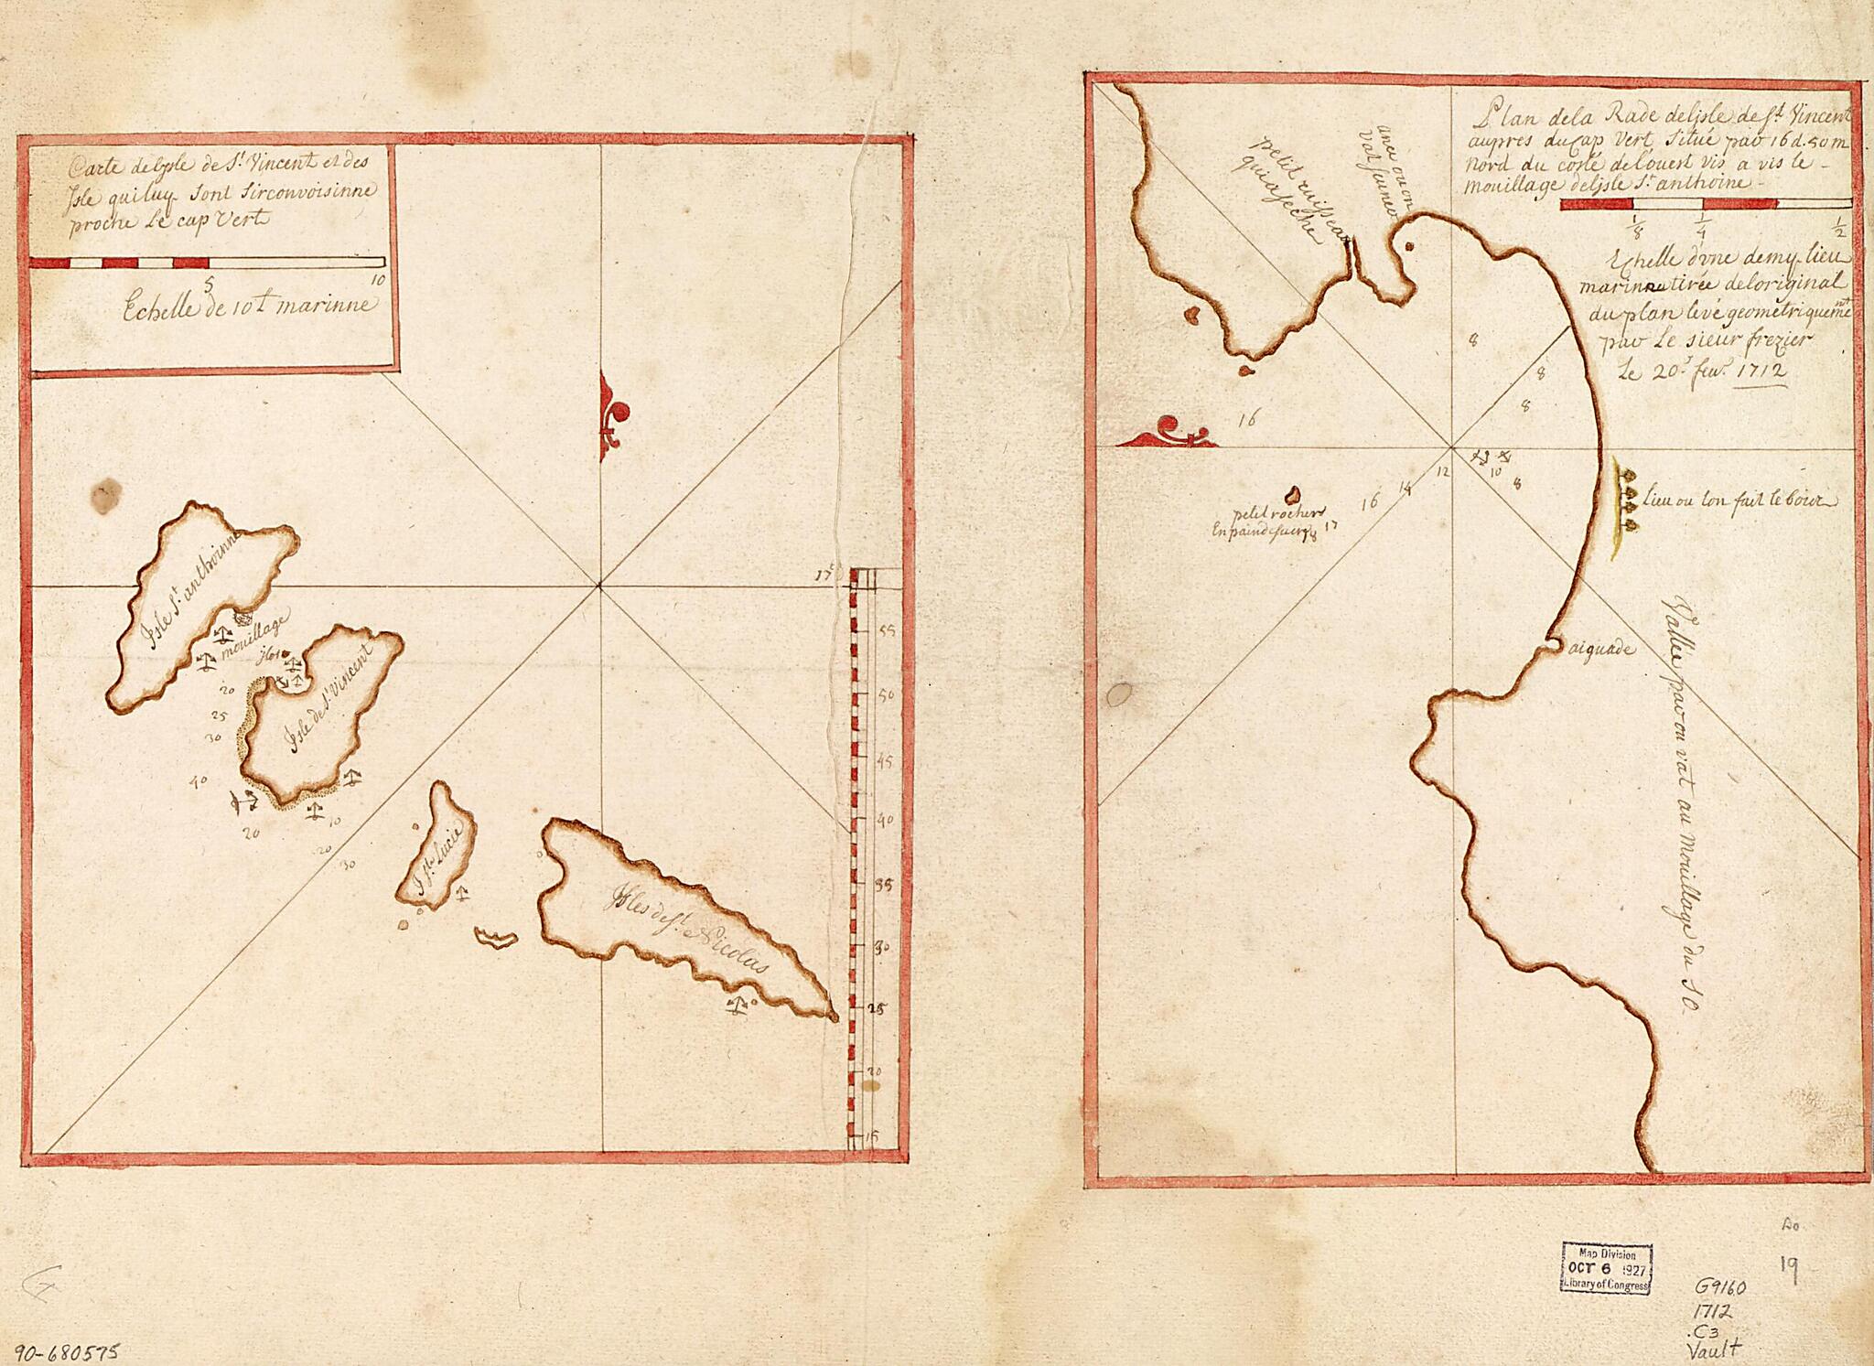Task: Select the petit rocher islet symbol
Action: (1293, 495)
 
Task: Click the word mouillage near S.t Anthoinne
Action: (255, 629)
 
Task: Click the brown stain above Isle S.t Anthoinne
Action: (103, 496)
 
